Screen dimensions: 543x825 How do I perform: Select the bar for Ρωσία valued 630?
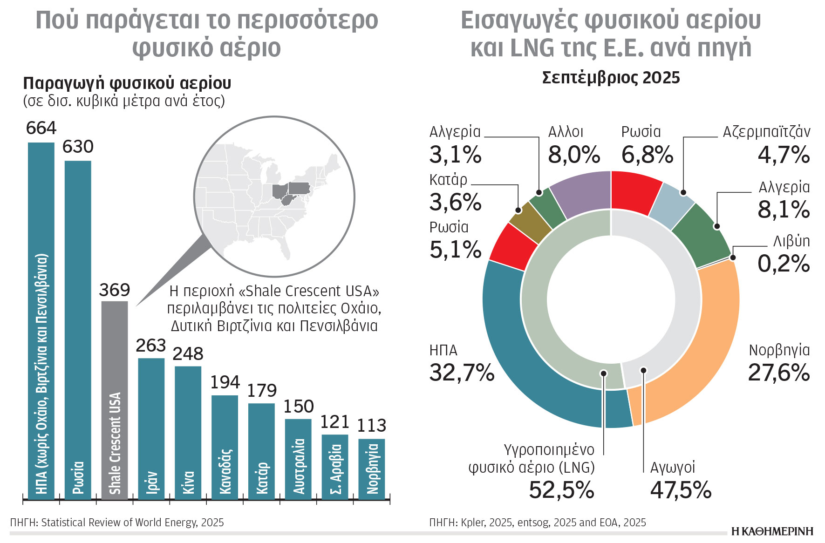coord(78,326)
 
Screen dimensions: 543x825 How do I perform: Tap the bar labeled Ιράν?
coord(151,428)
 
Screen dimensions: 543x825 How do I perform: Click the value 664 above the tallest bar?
coord(41,128)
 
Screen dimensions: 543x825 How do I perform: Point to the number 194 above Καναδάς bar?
coord(225,382)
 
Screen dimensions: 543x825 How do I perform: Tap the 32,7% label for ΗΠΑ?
coord(461,373)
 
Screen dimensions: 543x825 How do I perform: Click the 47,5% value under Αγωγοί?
coord(681,490)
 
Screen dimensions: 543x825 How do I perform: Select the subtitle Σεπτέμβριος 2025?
coord(611,77)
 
